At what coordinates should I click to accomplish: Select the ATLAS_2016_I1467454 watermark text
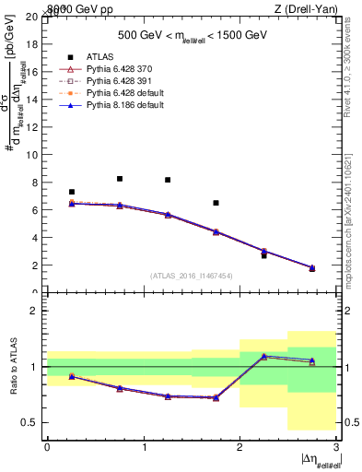[192, 275]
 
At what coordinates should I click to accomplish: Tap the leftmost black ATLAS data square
[72, 192]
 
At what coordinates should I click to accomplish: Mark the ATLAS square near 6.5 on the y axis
[216, 203]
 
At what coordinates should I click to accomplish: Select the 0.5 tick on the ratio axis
[32, 422]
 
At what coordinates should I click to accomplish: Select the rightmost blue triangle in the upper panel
[311, 267]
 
